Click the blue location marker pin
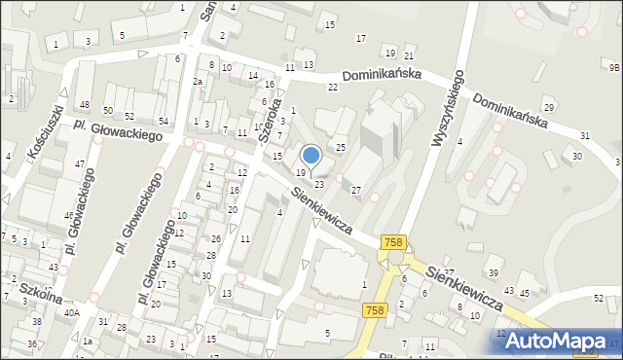point(311,156)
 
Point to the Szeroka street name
point(273,120)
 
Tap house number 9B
point(613,68)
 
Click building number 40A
point(72,311)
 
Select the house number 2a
point(197,82)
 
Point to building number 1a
point(87,342)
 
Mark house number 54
point(164,121)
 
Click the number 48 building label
point(85,105)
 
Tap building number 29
point(549,106)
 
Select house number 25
point(341,147)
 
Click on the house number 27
point(356,190)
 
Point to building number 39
point(494,272)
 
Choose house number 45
point(525,293)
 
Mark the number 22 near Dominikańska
point(333,88)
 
